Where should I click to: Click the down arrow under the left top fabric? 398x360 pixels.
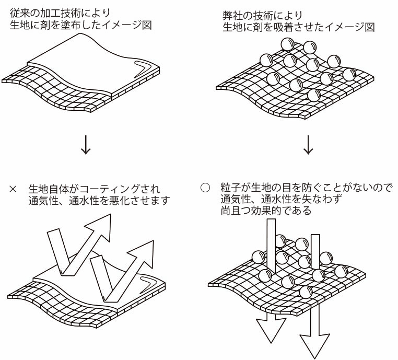coord(86,145)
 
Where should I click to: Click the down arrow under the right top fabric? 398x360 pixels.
coord(309,145)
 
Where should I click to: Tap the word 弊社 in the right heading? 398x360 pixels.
coord(233,15)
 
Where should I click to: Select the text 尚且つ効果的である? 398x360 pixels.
coord(266,211)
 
